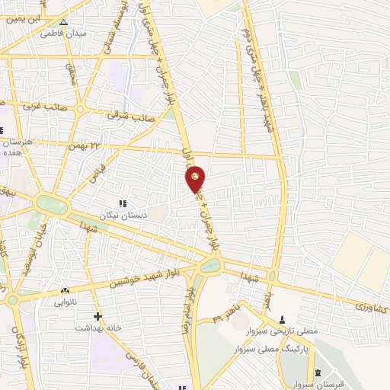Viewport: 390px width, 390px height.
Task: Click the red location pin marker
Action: pyautogui.click(x=196, y=179)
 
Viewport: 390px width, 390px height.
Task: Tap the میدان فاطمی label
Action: pyautogui.click(x=62, y=34)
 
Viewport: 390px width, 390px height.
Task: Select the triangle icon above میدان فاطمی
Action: pyautogui.click(x=63, y=23)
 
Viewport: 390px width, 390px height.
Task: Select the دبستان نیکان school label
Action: pyautogui.click(x=123, y=216)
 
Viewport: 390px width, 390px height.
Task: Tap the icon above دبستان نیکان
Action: pyautogui.click(x=123, y=203)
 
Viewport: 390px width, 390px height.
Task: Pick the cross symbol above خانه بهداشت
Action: pyautogui.click(x=97, y=316)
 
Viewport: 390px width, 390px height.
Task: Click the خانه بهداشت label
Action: pyautogui.click(x=97, y=328)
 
